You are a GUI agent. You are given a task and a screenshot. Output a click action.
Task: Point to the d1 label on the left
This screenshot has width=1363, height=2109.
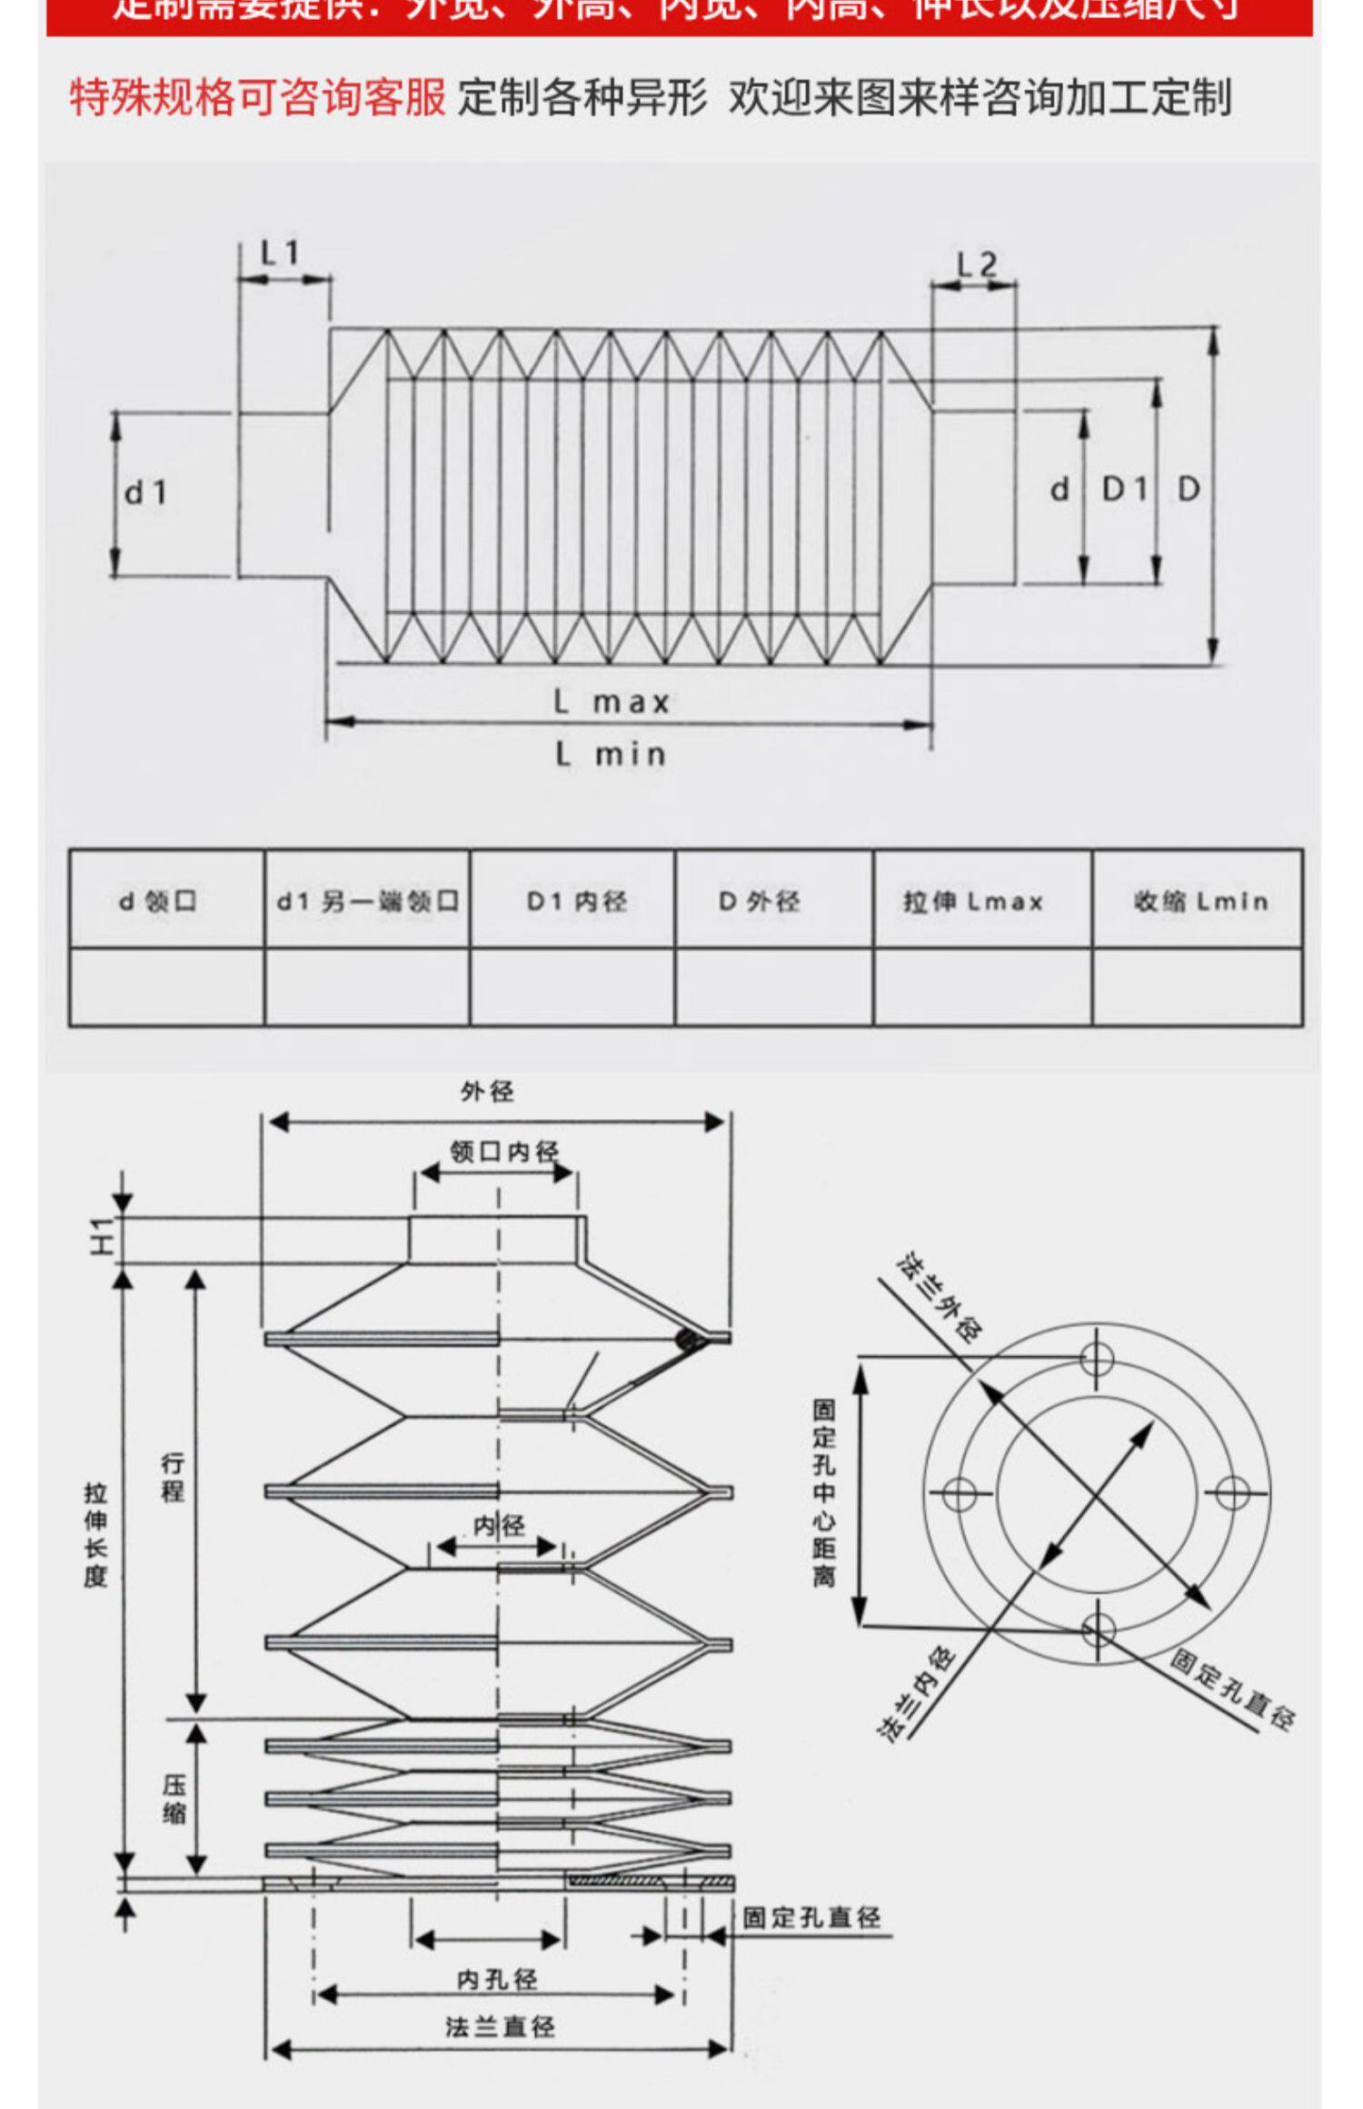pos(145,493)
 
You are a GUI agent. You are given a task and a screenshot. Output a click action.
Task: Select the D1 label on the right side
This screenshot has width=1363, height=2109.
pos(1125,490)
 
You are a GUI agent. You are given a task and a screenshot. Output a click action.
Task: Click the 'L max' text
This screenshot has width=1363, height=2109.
pos(612,702)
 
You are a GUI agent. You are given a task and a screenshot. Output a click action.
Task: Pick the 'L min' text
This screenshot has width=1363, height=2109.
pos(611,754)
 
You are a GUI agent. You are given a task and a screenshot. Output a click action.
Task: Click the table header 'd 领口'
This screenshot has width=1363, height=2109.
pos(158,901)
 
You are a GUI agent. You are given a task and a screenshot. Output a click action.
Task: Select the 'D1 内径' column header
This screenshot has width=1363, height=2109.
pos(577,901)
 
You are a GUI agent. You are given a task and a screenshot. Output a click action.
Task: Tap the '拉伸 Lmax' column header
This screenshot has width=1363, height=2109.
pos(973,901)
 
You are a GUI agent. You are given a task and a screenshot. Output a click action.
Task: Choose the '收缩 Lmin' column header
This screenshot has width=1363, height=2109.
pos(1200,901)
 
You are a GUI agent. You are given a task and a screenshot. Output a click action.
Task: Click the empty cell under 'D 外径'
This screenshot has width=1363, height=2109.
pos(773,987)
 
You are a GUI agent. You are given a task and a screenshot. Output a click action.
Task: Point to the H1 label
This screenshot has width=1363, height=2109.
pos(102,1237)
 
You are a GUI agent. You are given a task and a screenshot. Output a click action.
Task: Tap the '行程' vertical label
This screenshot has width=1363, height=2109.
pos(173,1477)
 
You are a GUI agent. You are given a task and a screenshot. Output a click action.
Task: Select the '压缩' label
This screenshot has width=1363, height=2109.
pos(174,1799)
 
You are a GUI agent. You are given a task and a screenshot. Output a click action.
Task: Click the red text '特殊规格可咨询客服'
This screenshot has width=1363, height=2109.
pos(258,97)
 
